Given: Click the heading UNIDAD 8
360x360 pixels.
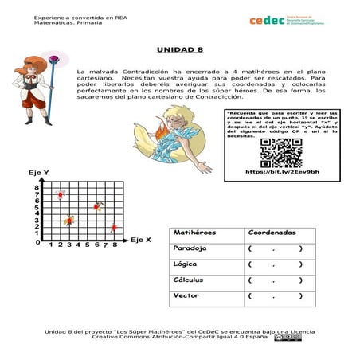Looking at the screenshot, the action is (180, 48).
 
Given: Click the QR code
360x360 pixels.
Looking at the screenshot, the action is (281, 152).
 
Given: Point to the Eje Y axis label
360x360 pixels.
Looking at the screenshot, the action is (39, 173).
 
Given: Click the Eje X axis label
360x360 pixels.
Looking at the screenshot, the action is (141, 239).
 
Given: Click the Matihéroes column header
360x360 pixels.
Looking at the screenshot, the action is (195, 233).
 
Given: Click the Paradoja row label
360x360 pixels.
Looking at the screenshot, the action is (190, 248).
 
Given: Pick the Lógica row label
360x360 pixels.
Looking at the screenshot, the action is (186, 264).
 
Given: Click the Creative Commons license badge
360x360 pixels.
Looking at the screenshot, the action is (288, 337).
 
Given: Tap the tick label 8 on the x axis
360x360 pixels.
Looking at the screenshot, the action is (115, 245).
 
